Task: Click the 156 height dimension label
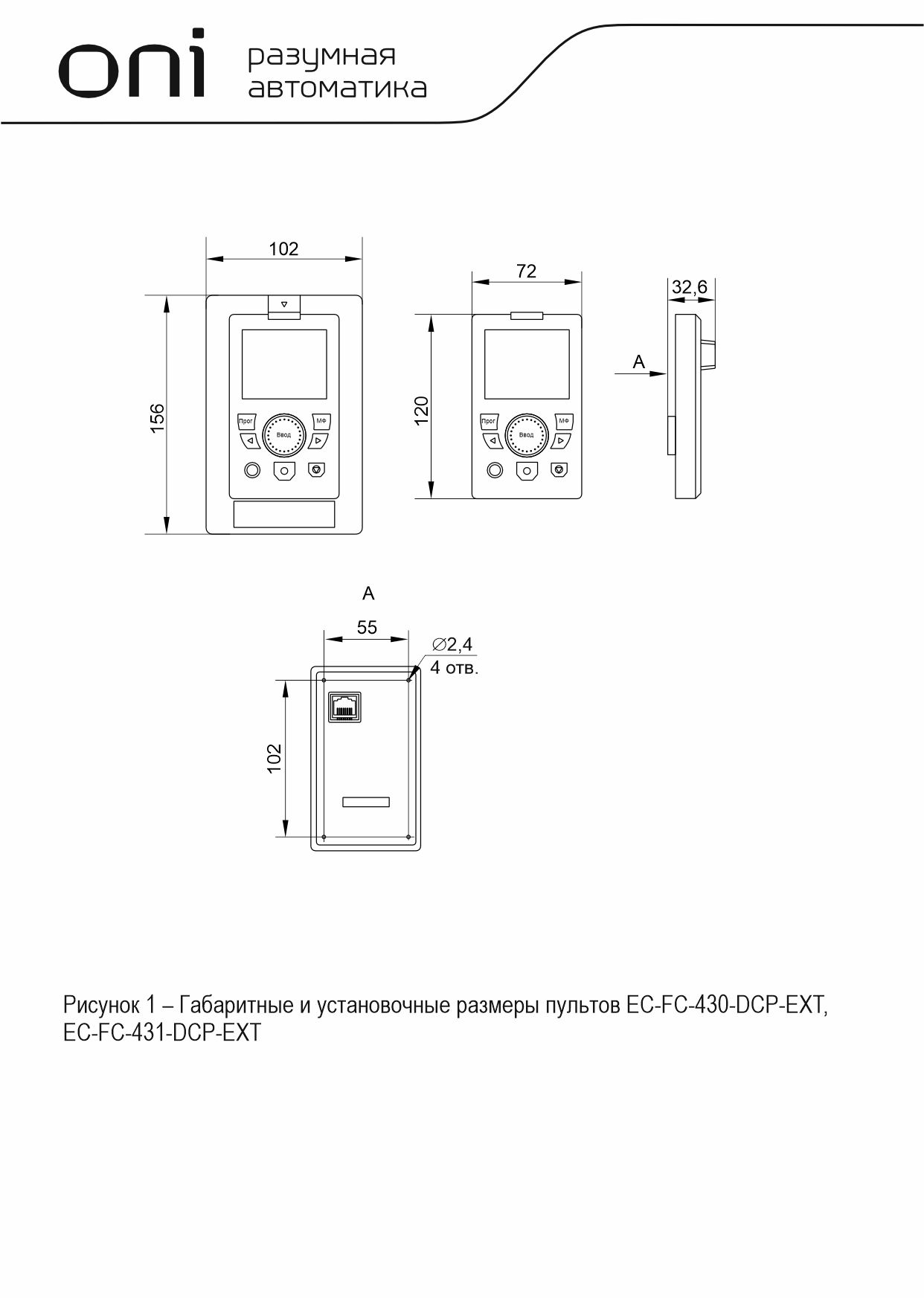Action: pos(157,418)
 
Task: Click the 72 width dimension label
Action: pos(526,271)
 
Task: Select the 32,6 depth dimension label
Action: pos(689,287)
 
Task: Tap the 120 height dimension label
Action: pos(421,411)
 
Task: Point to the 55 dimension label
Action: pos(367,627)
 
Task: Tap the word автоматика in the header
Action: pos(337,89)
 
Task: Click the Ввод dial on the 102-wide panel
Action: pos(283,435)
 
